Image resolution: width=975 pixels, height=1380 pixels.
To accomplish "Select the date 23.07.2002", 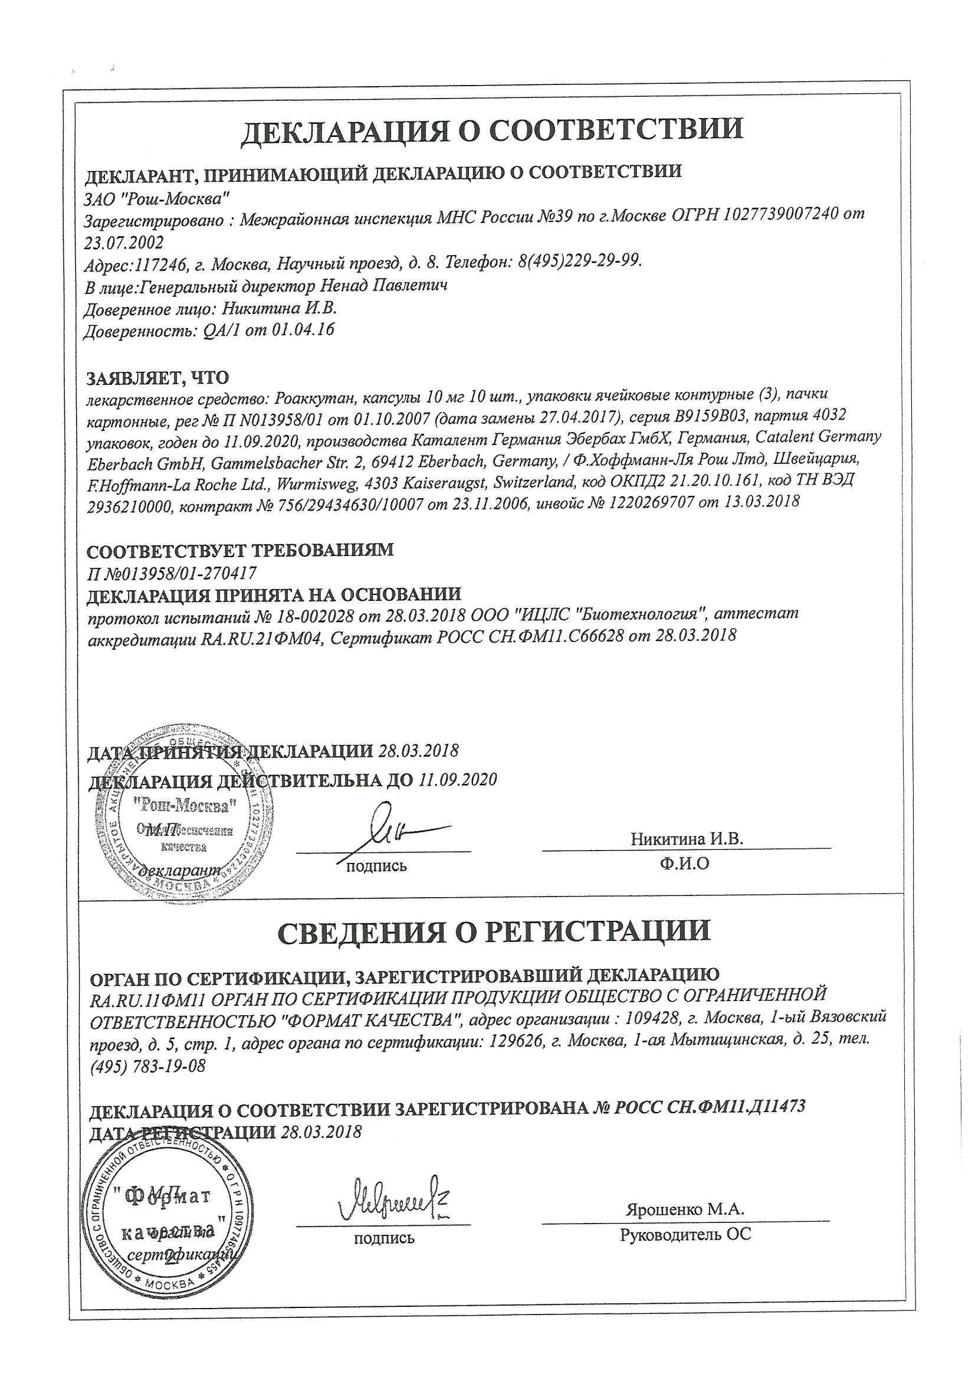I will coord(125,242).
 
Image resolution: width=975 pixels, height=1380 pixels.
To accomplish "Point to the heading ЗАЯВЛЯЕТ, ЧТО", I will coord(158,378).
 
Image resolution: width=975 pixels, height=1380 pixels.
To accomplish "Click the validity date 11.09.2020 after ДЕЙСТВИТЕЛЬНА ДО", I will coord(458,780).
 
